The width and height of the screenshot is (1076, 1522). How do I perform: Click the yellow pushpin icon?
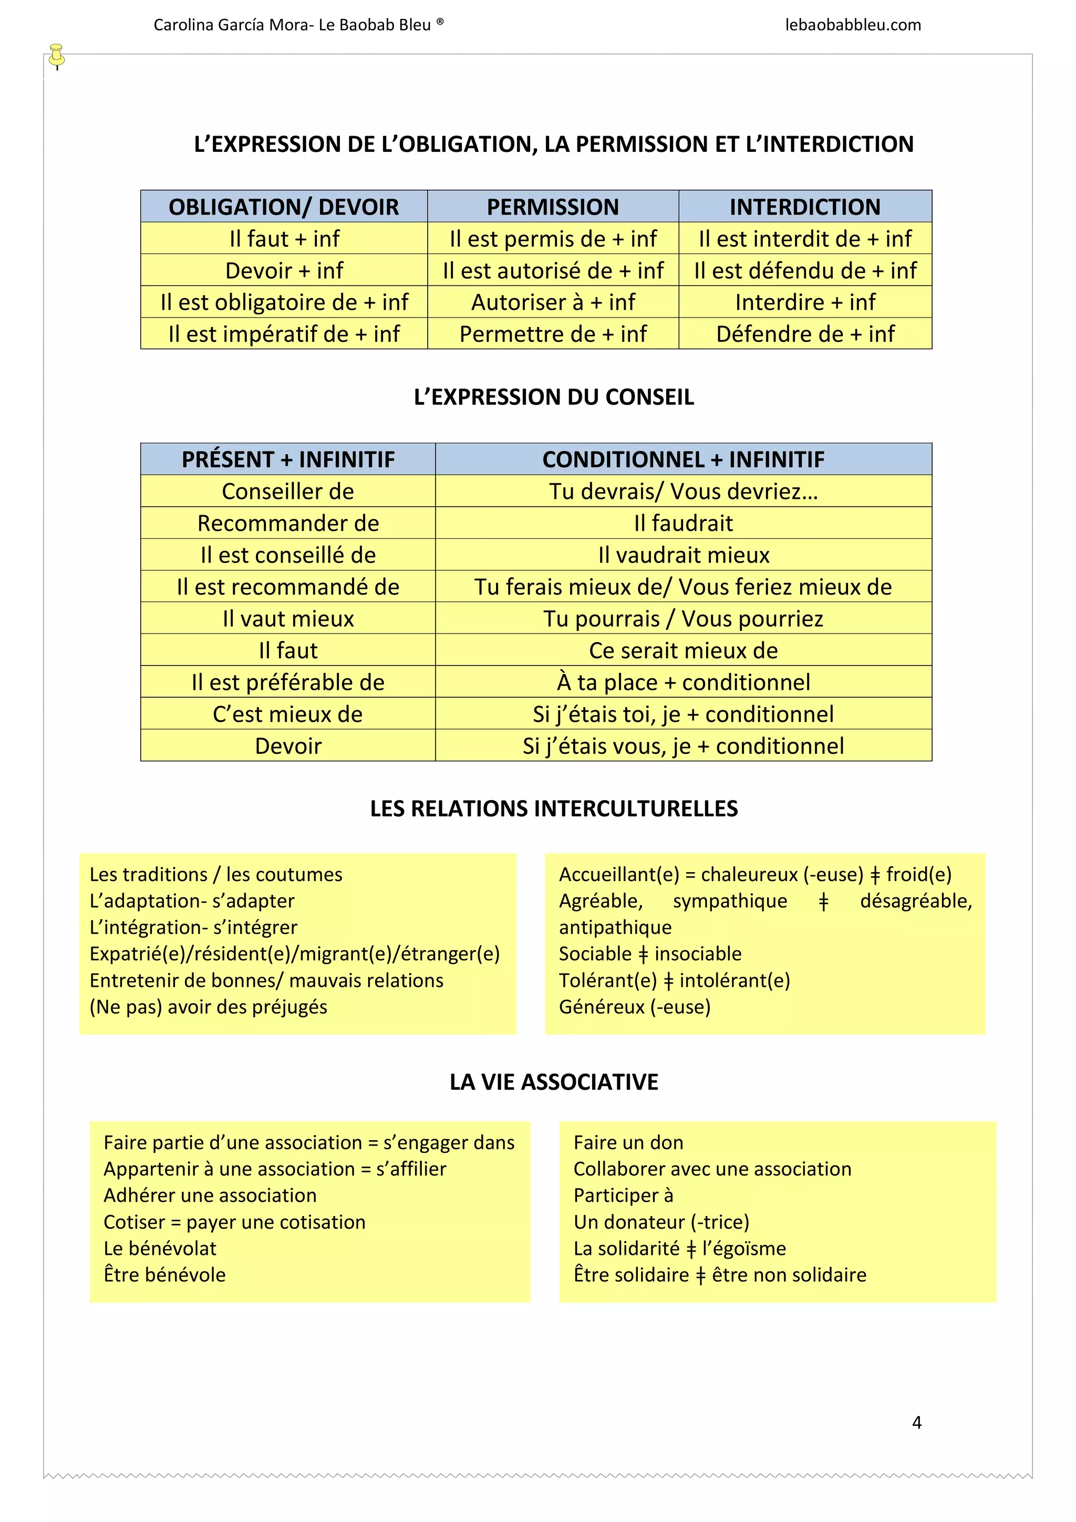(57, 55)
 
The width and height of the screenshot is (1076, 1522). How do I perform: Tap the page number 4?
(917, 1422)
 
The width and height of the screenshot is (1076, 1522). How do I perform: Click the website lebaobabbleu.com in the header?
(853, 25)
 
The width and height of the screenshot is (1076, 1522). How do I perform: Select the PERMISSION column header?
(553, 207)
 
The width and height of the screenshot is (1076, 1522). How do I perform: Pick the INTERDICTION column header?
(805, 207)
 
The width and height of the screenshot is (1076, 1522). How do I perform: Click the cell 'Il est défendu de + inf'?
(805, 270)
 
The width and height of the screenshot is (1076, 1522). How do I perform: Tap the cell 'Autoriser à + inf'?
(553, 302)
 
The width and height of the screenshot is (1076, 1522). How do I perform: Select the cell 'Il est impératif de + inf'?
(284, 334)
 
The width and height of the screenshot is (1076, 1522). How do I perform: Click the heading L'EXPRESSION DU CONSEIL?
(553, 397)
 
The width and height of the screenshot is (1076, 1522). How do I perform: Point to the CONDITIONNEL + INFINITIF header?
(683, 459)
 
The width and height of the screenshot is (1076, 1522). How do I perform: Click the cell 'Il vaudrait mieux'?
(683, 555)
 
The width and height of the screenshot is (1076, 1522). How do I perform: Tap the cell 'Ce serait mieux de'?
(683, 650)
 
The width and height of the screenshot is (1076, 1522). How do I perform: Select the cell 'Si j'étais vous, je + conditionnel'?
(683, 745)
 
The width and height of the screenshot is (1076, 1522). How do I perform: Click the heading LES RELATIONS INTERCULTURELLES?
(553, 809)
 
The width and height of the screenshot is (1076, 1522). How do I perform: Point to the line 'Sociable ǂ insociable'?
(650, 954)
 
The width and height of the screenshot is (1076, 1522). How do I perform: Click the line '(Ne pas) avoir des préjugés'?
(208, 1007)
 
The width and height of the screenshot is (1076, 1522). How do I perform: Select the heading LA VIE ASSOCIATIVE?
(553, 1082)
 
